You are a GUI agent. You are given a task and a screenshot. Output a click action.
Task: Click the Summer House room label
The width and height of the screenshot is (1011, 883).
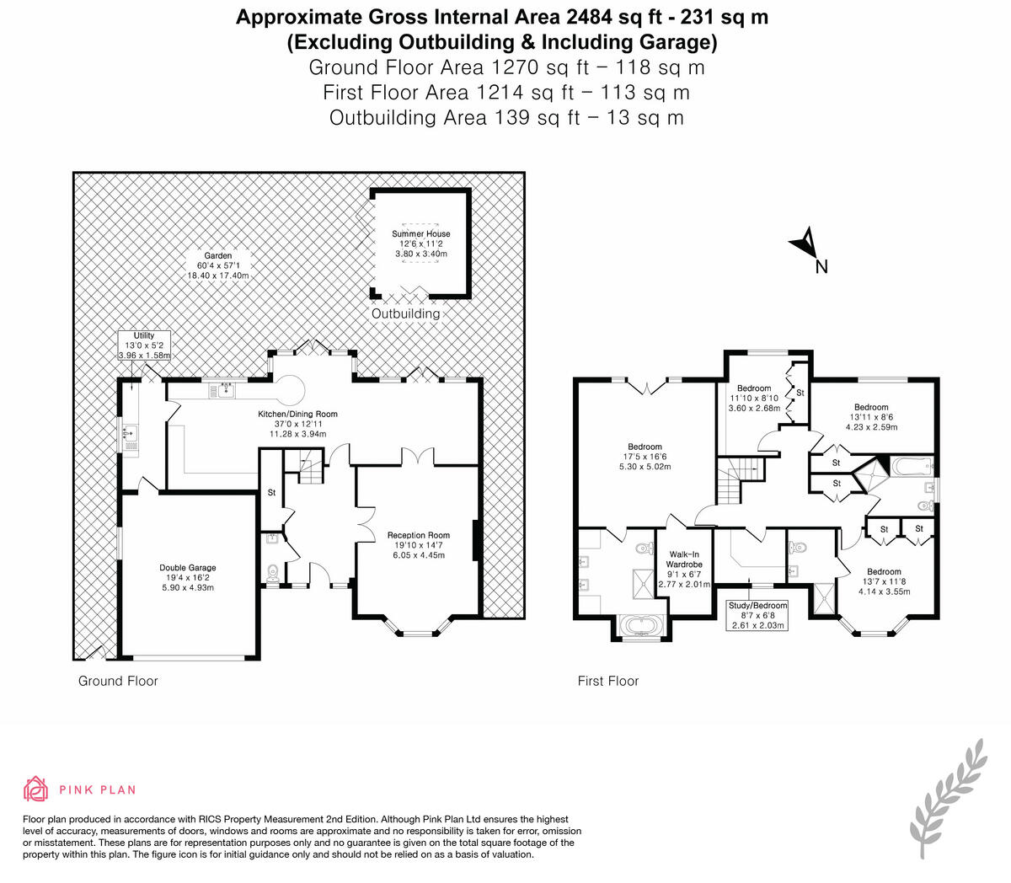click(x=420, y=243)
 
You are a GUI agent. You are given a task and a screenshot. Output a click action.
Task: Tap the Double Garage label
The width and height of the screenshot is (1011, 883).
click(x=187, y=578)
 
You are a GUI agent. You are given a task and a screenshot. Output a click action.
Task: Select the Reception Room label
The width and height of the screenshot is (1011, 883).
click(x=419, y=545)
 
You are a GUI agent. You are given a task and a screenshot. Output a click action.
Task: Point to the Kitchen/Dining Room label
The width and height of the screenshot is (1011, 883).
click(x=297, y=424)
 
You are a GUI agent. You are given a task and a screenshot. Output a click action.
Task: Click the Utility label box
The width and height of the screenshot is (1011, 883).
click(x=144, y=346)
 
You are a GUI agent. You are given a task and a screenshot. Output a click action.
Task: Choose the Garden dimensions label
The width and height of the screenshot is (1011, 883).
click(x=219, y=265)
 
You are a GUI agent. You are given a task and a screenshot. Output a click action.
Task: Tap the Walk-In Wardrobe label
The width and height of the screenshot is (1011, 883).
click(x=684, y=570)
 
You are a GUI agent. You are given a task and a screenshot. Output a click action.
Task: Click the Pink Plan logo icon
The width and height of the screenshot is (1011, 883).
click(x=35, y=789)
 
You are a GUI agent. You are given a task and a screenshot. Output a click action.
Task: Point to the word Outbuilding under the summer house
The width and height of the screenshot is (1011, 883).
click(x=406, y=313)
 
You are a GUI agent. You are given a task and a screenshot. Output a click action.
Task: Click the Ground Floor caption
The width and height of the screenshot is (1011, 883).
click(x=118, y=681)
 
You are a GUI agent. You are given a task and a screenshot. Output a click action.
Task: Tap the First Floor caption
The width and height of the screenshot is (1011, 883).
click(x=608, y=681)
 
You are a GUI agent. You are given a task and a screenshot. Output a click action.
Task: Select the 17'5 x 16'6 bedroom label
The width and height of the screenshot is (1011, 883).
click(x=645, y=457)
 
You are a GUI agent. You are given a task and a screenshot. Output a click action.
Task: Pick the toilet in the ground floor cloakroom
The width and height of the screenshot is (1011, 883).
click(x=271, y=573)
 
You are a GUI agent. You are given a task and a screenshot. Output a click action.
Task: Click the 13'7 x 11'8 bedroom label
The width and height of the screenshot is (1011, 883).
click(x=884, y=581)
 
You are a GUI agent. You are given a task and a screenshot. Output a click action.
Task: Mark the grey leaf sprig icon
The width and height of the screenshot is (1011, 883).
click(x=948, y=796)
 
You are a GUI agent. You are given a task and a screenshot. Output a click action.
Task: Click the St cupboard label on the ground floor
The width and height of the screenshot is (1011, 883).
click(x=271, y=492)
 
